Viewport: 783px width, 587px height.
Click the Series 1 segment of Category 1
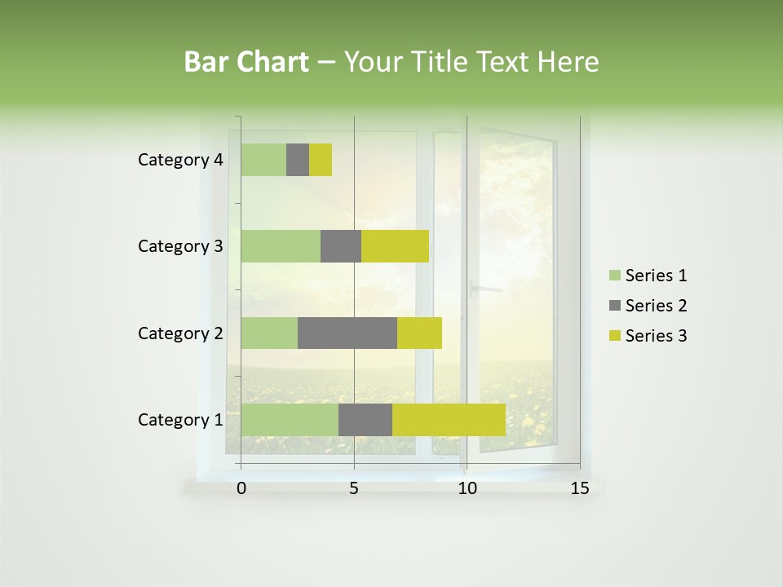(x=289, y=420)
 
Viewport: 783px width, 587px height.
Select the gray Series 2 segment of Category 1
(x=365, y=420)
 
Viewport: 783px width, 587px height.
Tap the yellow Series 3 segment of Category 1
(x=449, y=420)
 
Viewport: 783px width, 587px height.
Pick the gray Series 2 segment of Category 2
(x=347, y=333)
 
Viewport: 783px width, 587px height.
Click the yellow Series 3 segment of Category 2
(x=419, y=333)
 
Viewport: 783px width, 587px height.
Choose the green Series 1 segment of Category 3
(x=280, y=246)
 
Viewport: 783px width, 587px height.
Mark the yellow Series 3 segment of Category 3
(x=395, y=246)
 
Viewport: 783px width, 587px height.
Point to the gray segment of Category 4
(x=298, y=160)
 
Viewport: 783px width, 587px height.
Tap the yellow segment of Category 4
(x=321, y=160)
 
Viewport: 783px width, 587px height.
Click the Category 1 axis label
(x=179, y=420)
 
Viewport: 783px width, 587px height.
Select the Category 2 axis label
(x=179, y=333)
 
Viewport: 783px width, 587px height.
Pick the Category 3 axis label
(x=179, y=246)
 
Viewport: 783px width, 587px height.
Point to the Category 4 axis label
(x=179, y=160)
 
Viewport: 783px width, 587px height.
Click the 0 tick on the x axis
(x=241, y=488)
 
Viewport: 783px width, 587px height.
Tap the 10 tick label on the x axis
(x=467, y=488)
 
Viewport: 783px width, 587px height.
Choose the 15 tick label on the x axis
(x=579, y=488)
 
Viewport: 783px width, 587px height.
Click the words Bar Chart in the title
(x=246, y=62)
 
